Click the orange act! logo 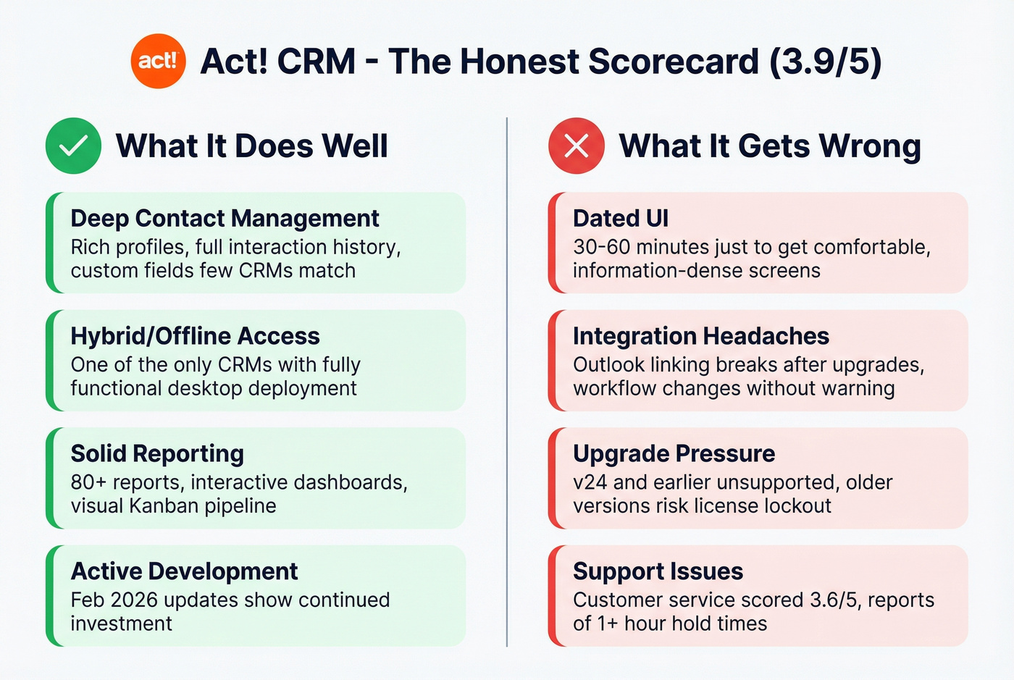[x=158, y=61]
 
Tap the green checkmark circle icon [x=73, y=146]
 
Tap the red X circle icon [x=577, y=146]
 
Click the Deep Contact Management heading [x=225, y=218]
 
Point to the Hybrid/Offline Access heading [x=195, y=336]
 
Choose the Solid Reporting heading [x=157, y=453]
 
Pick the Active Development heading [x=184, y=571]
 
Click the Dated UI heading [x=621, y=218]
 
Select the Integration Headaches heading [x=700, y=336]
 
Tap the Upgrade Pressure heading [x=674, y=453]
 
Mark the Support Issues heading [x=658, y=571]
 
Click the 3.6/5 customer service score [x=834, y=600]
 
